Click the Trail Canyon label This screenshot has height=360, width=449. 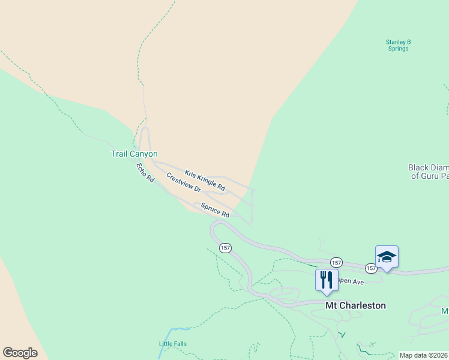click(x=134, y=154)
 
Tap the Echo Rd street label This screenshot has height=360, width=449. click(x=145, y=173)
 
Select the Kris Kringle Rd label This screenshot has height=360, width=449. click(x=205, y=181)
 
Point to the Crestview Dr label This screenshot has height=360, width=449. click(x=183, y=182)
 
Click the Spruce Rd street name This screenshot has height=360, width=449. click(x=215, y=210)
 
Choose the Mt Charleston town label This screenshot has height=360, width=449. click(x=355, y=305)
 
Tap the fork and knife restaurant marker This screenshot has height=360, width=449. click(x=327, y=280)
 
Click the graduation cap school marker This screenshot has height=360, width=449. click(x=387, y=257)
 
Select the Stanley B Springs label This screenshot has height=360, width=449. click(x=398, y=45)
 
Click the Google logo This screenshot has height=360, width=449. click(x=20, y=353)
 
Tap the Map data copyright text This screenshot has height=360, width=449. click(x=423, y=355)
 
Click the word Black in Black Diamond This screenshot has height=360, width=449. click(x=418, y=168)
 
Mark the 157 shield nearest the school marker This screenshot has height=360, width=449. click(x=370, y=268)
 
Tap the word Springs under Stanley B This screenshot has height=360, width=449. click(x=398, y=49)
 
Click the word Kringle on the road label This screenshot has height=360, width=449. click(x=206, y=181)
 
